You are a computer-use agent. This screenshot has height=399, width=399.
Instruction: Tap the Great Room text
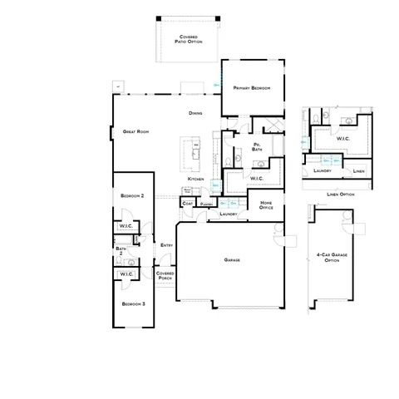(x=135, y=131)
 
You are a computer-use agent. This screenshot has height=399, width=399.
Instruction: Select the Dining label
(x=195, y=113)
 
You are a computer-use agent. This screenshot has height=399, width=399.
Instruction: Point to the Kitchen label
(x=195, y=179)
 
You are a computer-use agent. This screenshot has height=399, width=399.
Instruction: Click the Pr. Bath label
(x=258, y=148)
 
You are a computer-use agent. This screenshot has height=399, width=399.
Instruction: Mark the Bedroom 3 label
(x=132, y=304)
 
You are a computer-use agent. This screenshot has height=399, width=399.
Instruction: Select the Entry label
(x=166, y=244)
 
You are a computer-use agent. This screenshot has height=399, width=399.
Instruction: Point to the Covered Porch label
(x=165, y=277)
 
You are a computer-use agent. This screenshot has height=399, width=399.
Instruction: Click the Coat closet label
(x=187, y=202)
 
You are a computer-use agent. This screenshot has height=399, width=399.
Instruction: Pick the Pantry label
(x=208, y=203)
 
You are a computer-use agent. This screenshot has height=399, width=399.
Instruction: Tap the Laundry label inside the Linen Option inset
(x=323, y=171)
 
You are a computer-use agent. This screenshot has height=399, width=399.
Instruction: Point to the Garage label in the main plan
(x=232, y=260)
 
